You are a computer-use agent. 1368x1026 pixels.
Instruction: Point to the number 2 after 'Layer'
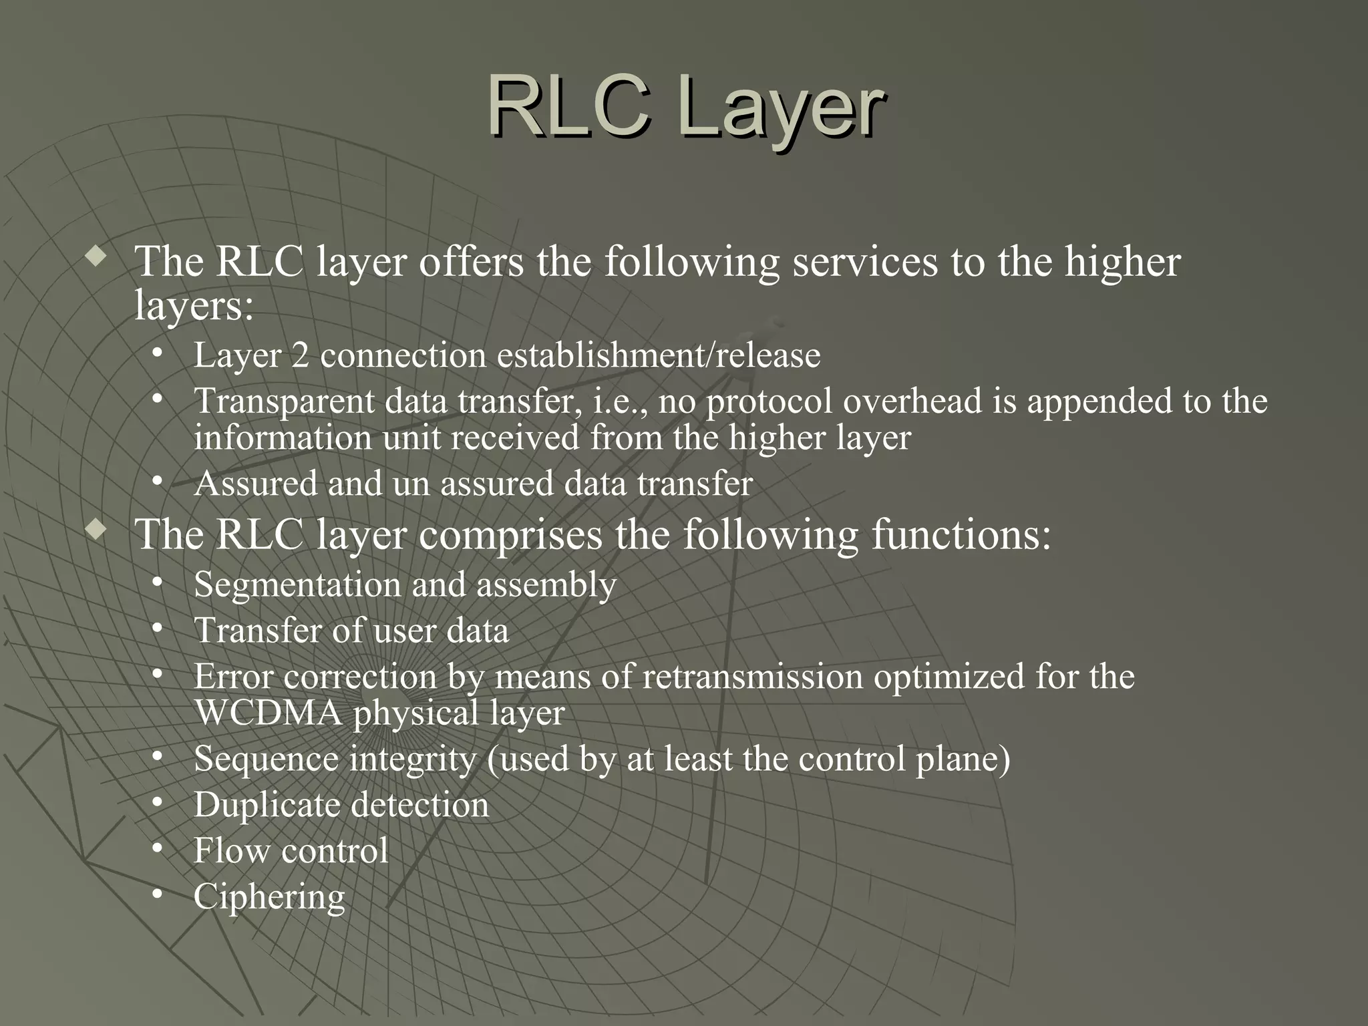click(x=300, y=355)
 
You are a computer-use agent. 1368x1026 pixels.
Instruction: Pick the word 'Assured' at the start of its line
click(x=255, y=484)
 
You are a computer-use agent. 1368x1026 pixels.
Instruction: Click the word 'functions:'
click(x=961, y=535)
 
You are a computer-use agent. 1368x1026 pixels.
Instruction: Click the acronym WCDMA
click(x=268, y=713)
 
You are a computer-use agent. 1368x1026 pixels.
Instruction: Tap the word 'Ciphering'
click(x=269, y=897)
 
